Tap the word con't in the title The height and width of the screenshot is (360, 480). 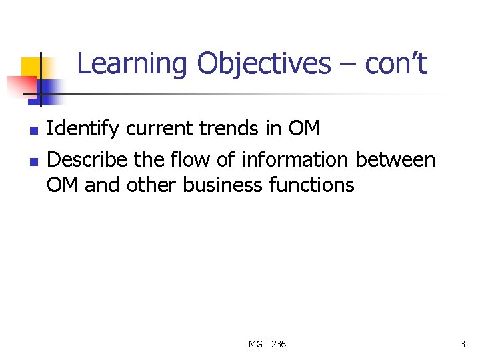(397, 65)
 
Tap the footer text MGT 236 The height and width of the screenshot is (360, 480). (267, 344)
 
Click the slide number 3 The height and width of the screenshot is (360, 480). (462, 344)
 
